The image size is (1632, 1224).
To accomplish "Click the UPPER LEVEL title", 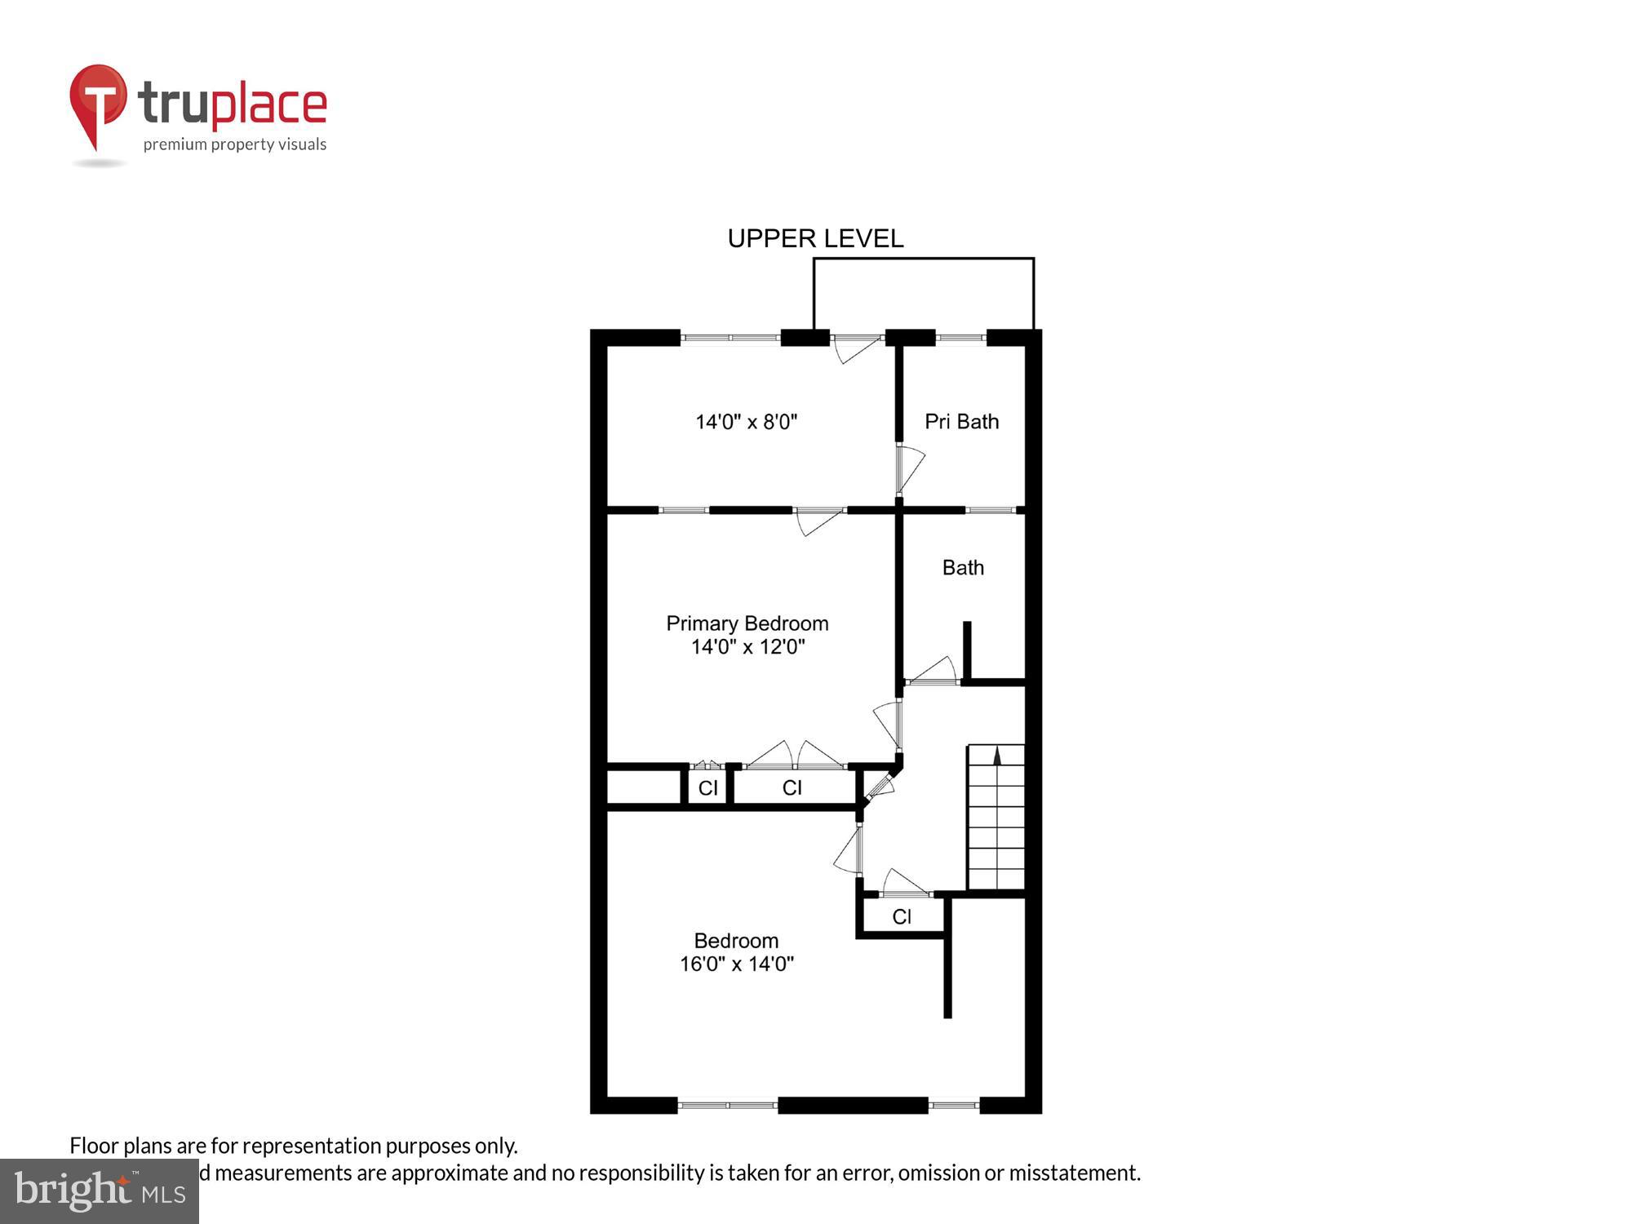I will click(815, 238).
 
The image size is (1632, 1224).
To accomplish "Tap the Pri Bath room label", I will click(961, 421).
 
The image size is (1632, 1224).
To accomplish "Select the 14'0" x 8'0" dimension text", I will click(746, 422).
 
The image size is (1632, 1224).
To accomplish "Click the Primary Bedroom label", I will click(747, 623).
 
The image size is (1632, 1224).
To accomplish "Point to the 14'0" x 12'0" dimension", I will click(747, 647).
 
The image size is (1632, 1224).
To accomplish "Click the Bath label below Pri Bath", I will click(963, 567).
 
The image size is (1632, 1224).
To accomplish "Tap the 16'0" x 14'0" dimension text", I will click(736, 964).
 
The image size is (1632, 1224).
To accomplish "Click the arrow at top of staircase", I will click(996, 756).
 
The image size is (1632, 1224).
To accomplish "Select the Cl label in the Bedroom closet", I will click(902, 916).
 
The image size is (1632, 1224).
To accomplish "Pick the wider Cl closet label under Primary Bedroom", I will click(792, 787).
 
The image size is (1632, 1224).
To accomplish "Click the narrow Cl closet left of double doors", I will click(707, 787).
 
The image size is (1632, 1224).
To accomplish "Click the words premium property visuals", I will click(235, 144).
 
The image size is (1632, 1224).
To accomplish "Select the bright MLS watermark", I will click(100, 1192).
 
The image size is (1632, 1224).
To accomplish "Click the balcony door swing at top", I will click(856, 348).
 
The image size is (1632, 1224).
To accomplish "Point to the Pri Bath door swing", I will click(910, 469).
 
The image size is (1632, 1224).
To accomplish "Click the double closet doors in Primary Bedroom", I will click(796, 756).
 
